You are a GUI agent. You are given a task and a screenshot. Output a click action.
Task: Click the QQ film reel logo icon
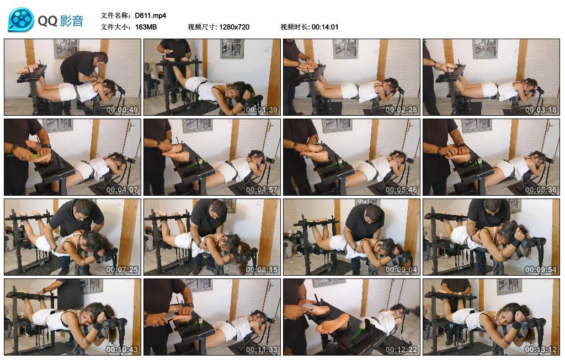[x=21, y=20]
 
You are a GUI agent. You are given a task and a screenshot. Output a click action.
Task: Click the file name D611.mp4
[x=150, y=15]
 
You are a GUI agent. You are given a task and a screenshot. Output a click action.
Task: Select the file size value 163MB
[x=146, y=27]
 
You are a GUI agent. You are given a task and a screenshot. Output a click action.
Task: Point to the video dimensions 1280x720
[x=234, y=27]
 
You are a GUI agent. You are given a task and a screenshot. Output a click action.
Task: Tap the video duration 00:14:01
[x=325, y=27]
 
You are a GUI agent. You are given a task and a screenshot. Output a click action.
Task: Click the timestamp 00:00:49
[x=122, y=110]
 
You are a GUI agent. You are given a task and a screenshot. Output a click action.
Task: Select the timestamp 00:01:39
[x=262, y=110]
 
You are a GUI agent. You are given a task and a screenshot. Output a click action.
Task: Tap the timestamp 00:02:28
[x=401, y=110]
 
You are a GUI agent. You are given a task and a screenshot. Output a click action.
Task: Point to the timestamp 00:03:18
[x=541, y=110]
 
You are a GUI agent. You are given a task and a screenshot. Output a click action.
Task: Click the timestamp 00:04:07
[x=122, y=189]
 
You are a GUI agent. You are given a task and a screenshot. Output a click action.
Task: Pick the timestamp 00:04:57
[x=262, y=189]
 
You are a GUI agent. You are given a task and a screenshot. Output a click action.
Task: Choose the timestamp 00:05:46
[x=401, y=189]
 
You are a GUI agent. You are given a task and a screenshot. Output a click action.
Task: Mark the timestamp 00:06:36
[x=541, y=189]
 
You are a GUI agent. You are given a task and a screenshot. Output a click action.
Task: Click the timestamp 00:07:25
[x=122, y=269]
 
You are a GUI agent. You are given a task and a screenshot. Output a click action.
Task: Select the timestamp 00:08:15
[x=262, y=269]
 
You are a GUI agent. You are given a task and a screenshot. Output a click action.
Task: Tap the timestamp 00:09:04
[x=401, y=269]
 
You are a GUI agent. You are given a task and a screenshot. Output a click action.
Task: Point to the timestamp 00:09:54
[x=541, y=269]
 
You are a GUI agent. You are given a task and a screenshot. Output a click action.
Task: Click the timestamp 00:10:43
[x=122, y=349]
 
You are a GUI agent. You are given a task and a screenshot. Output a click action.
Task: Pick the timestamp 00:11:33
[x=262, y=349]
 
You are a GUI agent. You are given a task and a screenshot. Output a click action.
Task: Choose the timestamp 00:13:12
[x=541, y=349]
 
